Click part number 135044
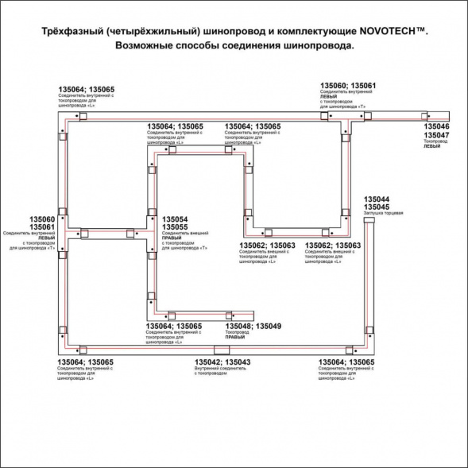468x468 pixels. (377, 199)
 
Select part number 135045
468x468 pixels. (377, 207)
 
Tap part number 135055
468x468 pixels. (175, 226)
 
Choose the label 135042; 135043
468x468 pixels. (223, 362)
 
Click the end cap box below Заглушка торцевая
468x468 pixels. (369, 224)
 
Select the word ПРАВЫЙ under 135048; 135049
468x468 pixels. (235, 338)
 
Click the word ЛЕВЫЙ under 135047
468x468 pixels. (431, 147)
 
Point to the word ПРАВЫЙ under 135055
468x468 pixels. (172, 238)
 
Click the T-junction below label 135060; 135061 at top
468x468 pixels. (348, 118)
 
